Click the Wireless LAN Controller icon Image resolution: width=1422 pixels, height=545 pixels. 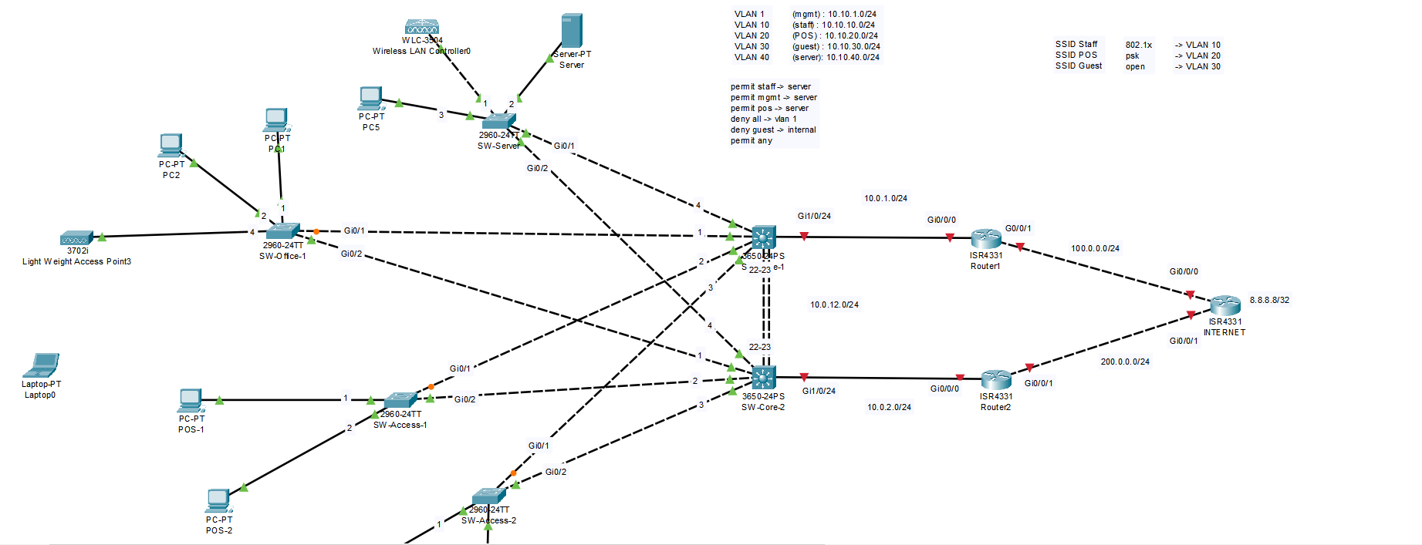click(x=422, y=28)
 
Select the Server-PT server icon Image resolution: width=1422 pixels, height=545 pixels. click(x=572, y=31)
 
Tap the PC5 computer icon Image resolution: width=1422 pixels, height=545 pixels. click(x=370, y=99)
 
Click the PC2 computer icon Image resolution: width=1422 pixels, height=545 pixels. click(x=171, y=146)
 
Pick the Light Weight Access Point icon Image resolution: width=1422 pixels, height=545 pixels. click(x=77, y=237)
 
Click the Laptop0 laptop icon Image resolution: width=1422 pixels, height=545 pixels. click(x=42, y=365)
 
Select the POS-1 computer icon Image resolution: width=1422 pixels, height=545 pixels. click(x=191, y=401)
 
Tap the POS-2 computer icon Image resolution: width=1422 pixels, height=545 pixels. click(x=218, y=501)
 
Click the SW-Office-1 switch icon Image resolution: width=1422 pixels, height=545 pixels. click(x=282, y=230)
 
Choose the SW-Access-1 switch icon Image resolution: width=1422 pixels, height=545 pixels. click(x=400, y=400)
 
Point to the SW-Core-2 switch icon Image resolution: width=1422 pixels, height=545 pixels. click(x=763, y=377)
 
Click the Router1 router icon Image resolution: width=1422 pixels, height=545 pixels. click(x=986, y=238)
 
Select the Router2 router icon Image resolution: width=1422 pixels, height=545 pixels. click(x=996, y=379)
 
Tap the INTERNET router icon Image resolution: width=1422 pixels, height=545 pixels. click(x=1225, y=305)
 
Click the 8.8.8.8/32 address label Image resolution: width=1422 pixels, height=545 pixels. click(x=1269, y=300)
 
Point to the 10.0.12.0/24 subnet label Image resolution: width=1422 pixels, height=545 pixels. click(x=834, y=304)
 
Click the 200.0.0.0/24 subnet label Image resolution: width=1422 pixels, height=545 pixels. click(x=1125, y=362)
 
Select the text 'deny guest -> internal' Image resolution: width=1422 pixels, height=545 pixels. click(x=773, y=130)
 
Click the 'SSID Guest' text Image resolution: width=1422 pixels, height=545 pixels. click(x=1079, y=66)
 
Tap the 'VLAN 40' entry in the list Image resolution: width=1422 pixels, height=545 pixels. click(x=752, y=57)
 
